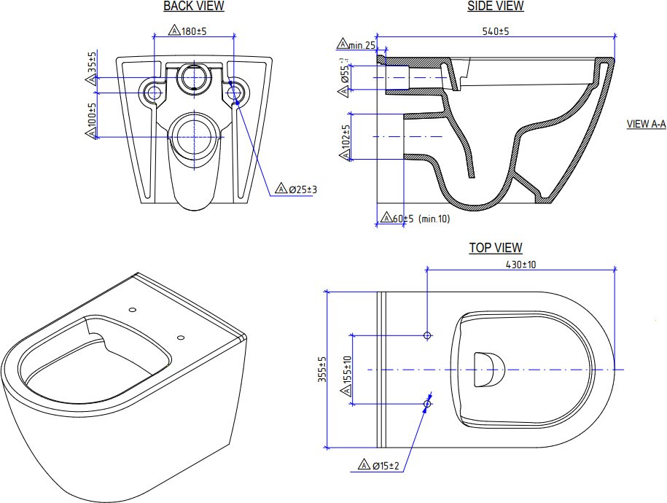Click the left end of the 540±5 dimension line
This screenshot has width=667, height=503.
[x=377, y=36]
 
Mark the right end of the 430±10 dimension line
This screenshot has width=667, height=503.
[x=615, y=270]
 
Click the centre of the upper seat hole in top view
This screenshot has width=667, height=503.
[x=427, y=335]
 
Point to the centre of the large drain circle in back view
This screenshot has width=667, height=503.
[x=195, y=137]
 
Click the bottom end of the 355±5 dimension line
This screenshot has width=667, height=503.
[x=327, y=448]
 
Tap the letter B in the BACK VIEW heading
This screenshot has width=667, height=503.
[x=167, y=7]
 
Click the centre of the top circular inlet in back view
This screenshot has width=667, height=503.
[x=194, y=77]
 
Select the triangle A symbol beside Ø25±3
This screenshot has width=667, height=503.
[x=281, y=188]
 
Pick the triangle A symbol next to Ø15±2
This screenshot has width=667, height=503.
[x=364, y=464]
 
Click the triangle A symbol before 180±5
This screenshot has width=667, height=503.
[x=174, y=30]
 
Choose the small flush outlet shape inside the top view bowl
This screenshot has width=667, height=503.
[x=488, y=370]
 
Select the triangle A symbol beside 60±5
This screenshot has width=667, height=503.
[x=386, y=217]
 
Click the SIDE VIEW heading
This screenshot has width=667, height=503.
[x=496, y=6]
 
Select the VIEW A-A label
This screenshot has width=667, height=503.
[x=646, y=124]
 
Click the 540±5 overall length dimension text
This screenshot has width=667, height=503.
[x=496, y=31]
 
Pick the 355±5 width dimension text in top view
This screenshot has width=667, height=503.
[x=322, y=370]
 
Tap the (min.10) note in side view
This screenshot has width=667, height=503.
[x=434, y=219]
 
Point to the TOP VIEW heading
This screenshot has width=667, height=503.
[x=496, y=248]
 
